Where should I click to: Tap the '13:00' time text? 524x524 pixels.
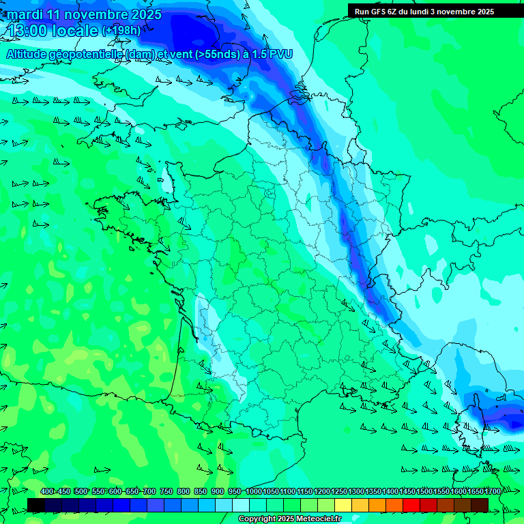(27, 31)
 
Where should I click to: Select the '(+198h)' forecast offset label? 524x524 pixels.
(121, 31)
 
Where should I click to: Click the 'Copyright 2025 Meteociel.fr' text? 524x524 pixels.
(289, 519)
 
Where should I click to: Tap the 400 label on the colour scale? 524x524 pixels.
(47, 492)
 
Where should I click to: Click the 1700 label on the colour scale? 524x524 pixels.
(493, 492)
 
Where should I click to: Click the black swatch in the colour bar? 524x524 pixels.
(36, 505)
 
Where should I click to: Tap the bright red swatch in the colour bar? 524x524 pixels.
(411, 505)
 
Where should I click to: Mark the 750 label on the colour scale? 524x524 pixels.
(166, 492)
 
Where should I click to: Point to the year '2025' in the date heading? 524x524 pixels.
(145, 14)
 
